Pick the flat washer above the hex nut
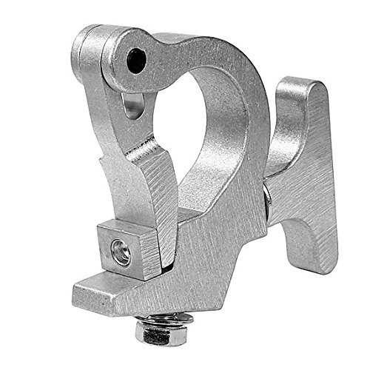pos(165,318)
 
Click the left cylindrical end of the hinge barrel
pos(84,52)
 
